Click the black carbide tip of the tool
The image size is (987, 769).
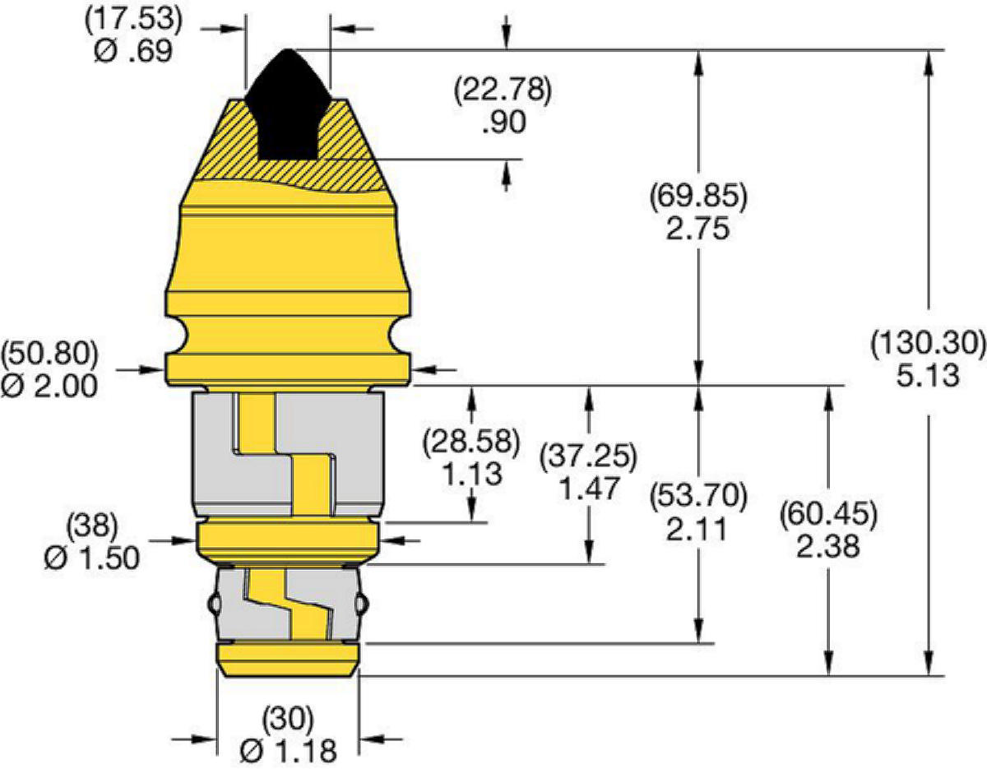(288, 109)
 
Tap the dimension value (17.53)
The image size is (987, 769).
(133, 20)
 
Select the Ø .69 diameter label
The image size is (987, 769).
(133, 50)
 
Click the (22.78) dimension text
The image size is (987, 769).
(503, 90)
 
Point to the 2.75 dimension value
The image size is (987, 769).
(697, 228)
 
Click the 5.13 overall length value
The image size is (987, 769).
(928, 375)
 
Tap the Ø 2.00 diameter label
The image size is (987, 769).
(49, 386)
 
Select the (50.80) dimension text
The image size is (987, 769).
(49, 354)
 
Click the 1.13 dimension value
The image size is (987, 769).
(472, 474)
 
